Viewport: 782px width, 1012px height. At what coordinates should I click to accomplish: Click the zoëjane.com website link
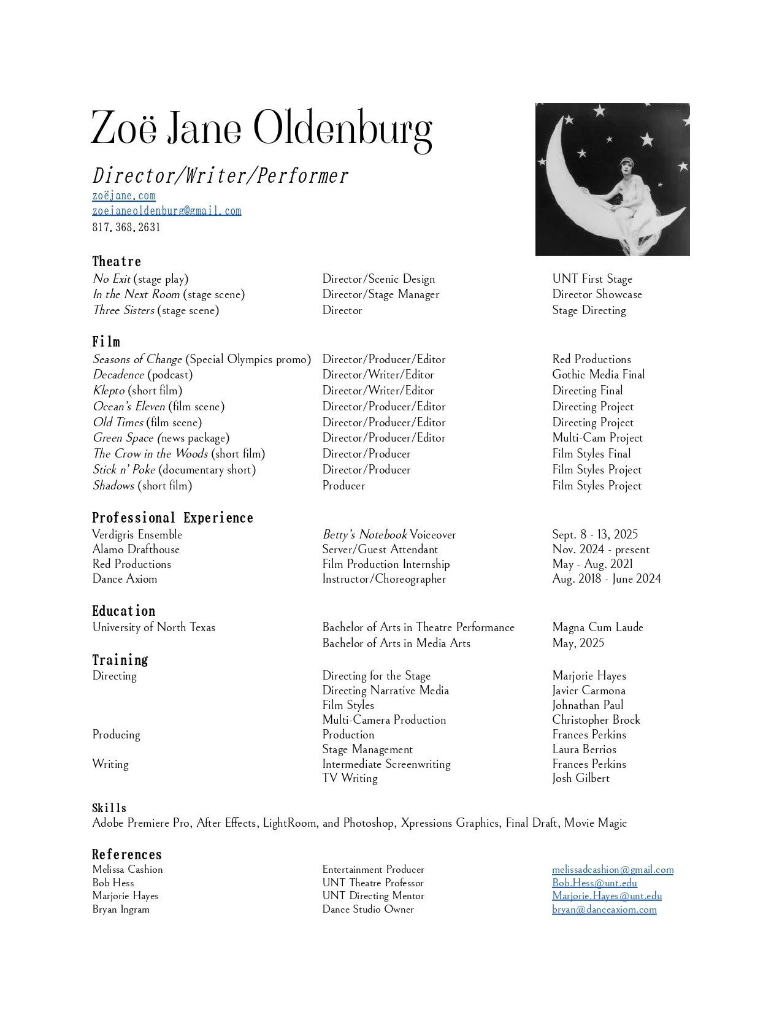(124, 196)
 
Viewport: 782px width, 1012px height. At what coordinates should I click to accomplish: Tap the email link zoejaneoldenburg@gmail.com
(167, 211)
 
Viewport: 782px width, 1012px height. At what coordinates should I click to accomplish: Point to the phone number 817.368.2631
(126, 228)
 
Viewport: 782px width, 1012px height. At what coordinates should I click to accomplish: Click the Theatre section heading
(117, 262)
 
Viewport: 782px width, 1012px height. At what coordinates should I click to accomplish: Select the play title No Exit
(111, 279)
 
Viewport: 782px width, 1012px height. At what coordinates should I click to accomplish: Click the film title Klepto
(109, 391)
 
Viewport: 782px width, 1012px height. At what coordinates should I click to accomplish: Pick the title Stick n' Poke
(124, 470)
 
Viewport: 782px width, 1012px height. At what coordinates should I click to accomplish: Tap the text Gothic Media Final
(598, 375)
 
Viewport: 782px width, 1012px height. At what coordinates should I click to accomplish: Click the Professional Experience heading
(172, 518)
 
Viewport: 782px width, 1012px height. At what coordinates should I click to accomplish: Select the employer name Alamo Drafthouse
(136, 550)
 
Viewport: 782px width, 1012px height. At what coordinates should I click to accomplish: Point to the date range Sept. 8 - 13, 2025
(595, 535)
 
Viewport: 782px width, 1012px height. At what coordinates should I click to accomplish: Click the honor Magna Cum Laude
(597, 627)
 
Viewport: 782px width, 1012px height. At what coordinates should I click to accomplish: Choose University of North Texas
(154, 627)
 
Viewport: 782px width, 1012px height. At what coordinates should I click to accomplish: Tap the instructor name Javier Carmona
(589, 691)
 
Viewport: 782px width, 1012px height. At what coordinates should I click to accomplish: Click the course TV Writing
(350, 778)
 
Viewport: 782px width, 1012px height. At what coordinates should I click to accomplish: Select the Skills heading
(109, 808)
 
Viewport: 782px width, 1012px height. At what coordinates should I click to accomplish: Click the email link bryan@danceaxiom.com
(604, 910)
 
